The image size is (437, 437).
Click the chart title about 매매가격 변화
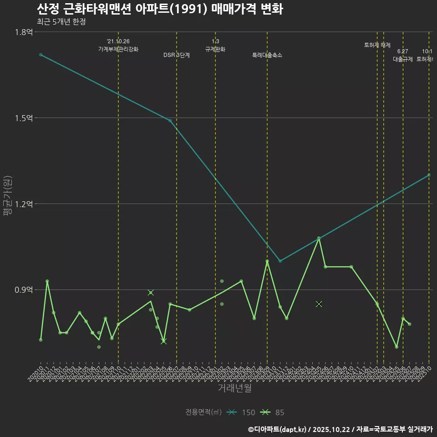[x=160, y=9]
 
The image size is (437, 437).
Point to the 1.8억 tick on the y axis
[x=24, y=32]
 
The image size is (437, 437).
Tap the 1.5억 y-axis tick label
[x=24, y=118]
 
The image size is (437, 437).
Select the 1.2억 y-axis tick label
[x=24, y=204]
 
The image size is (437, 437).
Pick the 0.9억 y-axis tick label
[x=24, y=290]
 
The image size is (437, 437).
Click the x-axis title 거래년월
[x=234, y=388]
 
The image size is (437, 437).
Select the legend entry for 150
[x=242, y=412]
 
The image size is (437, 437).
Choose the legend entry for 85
[x=274, y=412]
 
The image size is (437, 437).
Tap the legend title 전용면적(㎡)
[x=203, y=412]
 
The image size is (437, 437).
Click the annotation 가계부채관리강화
[x=118, y=49]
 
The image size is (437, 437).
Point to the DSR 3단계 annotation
[x=177, y=55]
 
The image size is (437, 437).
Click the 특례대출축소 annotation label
[x=267, y=55]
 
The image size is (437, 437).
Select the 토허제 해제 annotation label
[x=377, y=45]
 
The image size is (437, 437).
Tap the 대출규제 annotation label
[x=403, y=59]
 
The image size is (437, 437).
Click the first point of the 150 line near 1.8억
[x=41, y=55]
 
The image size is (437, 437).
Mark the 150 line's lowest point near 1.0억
[x=280, y=261]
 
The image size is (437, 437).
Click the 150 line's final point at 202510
[x=429, y=175]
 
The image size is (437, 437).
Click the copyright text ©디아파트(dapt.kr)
[x=277, y=429]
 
